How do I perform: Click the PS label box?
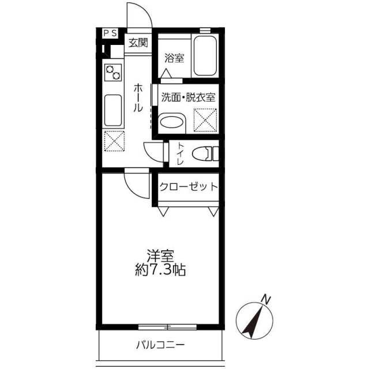point(110,33)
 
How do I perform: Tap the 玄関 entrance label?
point(138,43)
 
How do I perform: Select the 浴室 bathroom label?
point(174,58)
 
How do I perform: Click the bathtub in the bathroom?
point(205,56)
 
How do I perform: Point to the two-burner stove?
point(113,73)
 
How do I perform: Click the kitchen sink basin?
point(113,110)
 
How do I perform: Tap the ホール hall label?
point(138,97)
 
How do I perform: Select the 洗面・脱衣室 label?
point(189,97)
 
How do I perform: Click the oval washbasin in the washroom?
point(170,122)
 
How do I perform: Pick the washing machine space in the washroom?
point(205,120)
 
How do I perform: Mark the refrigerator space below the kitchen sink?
point(114,141)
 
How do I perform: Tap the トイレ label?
point(180,154)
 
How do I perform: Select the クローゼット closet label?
point(189,187)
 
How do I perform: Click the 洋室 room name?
point(160,256)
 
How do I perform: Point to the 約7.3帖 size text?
point(160,270)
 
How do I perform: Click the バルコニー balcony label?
point(160,345)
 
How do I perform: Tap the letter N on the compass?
point(266,299)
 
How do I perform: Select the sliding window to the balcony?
point(167,327)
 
